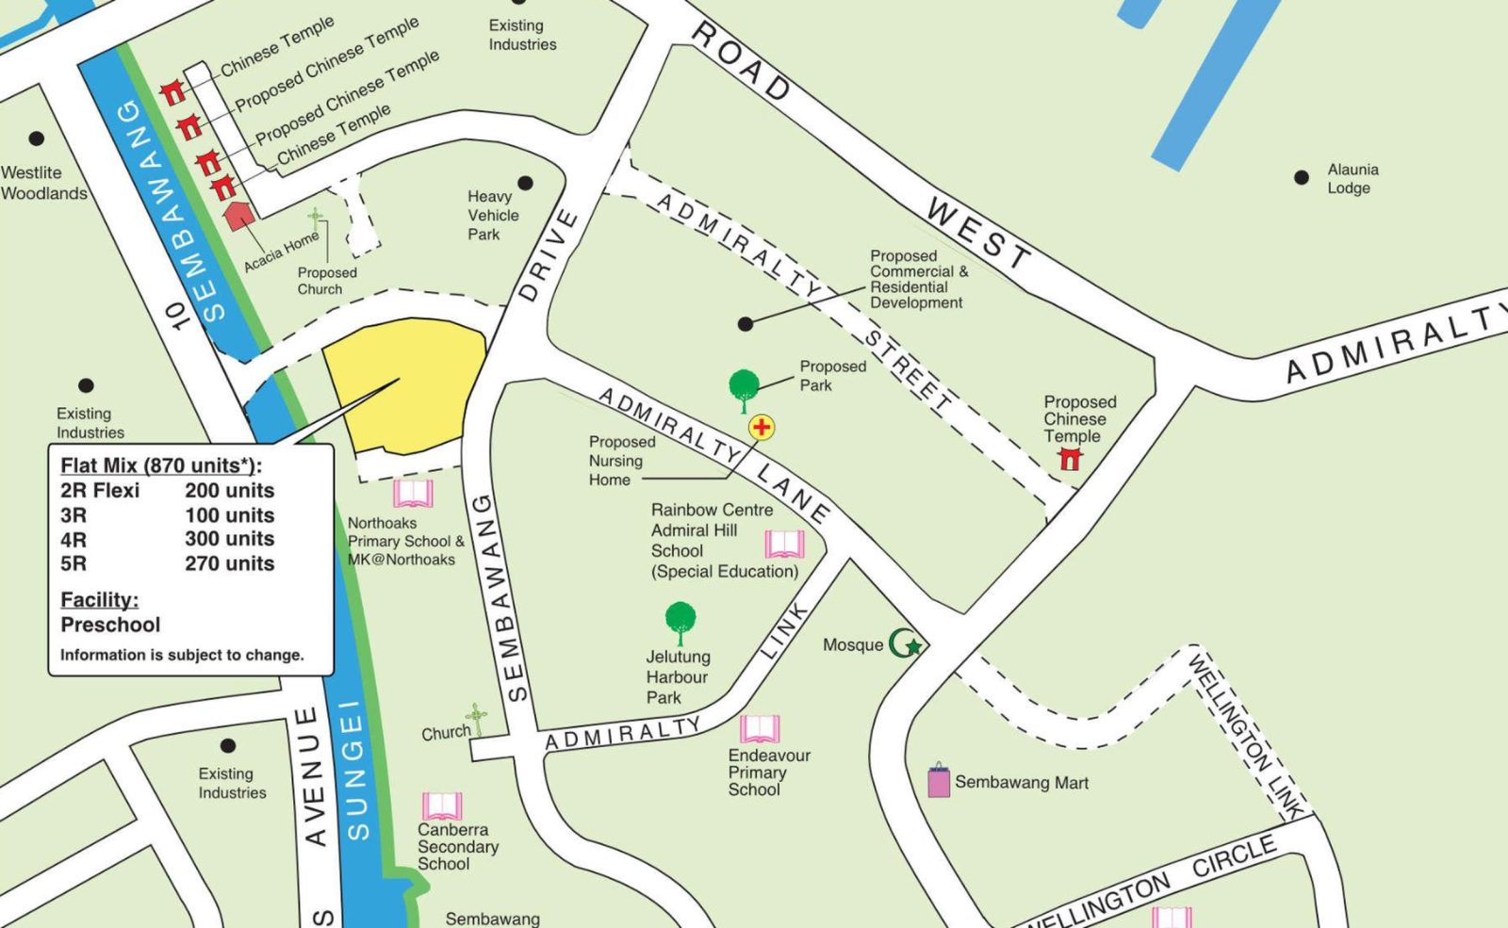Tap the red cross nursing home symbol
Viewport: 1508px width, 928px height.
(x=762, y=428)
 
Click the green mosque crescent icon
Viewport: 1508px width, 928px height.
(x=906, y=644)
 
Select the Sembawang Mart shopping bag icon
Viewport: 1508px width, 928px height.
(x=939, y=781)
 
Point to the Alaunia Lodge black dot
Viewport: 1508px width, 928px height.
(x=1302, y=177)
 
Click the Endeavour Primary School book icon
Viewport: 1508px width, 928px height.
(x=760, y=728)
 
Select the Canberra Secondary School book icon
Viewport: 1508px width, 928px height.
(x=441, y=806)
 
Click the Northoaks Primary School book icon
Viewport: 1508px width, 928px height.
(x=413, y=494)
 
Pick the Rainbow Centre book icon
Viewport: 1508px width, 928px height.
(x=784, y=544)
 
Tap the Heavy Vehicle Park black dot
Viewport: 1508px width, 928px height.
(x=525, y=183)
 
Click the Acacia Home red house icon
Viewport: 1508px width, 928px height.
(x=238, y=215)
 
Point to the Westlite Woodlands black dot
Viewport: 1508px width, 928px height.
(x=37, y=138)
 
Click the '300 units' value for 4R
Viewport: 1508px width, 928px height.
(x=229, y=539)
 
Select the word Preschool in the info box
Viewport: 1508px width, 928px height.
(x=110, y=625)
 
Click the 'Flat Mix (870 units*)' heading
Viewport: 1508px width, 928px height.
(x=161, y=465)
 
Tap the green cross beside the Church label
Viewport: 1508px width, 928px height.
(x=477, y=719)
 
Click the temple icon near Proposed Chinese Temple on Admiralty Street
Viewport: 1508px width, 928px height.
(x=1070, y=459)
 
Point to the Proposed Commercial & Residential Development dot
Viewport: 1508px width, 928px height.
(x=746, y=324)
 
